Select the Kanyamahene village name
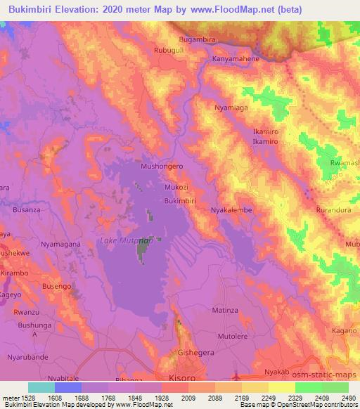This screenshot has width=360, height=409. coord(236,60)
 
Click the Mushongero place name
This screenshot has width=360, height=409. coord(162,167)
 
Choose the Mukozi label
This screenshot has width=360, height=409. coord(178,188)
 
